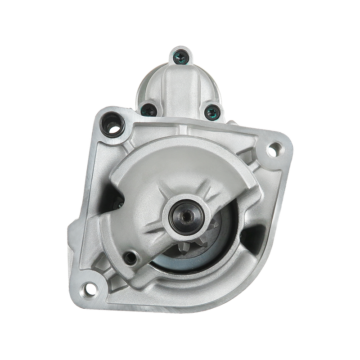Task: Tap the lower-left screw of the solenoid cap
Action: tap(147, 108)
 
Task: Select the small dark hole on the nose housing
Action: tap(131, 257)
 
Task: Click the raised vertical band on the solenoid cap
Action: tap(180, 85)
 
